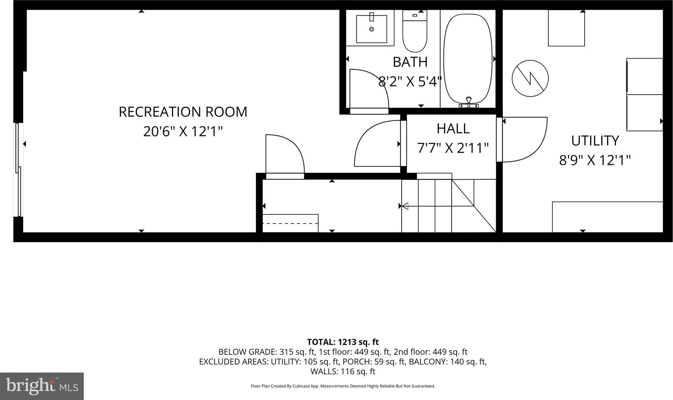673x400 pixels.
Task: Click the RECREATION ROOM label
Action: [x=183, y=112]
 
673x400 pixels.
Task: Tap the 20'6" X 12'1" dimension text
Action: [x=183, y=131]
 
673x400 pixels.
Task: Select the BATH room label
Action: [x=410, y=62]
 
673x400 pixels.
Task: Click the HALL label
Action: [x=453, y=128]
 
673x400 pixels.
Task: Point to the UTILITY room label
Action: [x=595, y=141]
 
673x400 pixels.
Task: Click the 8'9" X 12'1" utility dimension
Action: [x=595, y=160]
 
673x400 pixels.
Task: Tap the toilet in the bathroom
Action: [x=415, y=31]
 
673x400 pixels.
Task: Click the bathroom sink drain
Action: [x=372, y=29]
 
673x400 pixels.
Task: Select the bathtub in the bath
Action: [x=468, y=59]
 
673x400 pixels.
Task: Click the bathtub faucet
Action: [x=469, y=102]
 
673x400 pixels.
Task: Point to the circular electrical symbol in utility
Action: [x=530, y=78]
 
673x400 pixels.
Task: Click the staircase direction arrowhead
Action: [x=405, y=206]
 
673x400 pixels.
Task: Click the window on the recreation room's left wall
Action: [x=18, y=170]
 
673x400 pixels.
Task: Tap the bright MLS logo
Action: [x=42, y=386]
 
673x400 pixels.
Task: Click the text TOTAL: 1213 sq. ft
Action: [x=343, y=342]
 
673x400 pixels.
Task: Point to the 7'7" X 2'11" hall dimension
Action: [x=453, y=148]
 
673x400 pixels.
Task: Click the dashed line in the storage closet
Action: [x=290, y=223]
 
